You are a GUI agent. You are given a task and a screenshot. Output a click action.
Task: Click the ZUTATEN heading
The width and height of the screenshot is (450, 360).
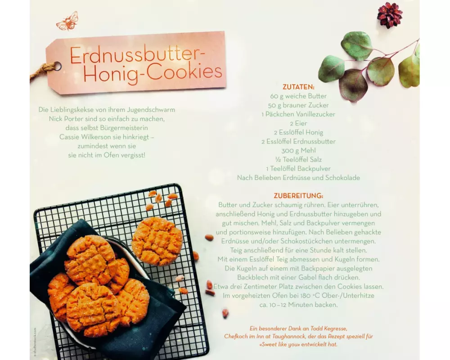298,87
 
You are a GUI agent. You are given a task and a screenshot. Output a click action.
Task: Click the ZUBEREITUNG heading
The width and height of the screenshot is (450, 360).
298,196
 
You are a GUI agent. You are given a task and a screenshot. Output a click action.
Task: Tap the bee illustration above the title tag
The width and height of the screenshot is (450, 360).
67,21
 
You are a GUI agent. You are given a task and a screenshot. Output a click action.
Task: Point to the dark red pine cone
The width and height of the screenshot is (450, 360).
389,15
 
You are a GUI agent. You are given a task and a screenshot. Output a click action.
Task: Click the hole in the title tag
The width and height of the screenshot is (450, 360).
58,66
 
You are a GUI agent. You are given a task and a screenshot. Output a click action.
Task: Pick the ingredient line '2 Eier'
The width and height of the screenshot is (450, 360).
298,123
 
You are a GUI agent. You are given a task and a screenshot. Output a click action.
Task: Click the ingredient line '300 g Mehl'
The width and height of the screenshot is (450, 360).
298,150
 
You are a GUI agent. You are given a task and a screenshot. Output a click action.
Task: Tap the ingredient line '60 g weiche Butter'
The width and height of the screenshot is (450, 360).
298,96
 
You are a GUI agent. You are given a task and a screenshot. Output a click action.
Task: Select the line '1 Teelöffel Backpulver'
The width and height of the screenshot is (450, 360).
298,168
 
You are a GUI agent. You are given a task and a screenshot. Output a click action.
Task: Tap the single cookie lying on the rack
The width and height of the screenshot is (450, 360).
157,241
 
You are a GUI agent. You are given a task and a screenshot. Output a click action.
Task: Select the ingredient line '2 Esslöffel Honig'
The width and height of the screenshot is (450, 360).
298,132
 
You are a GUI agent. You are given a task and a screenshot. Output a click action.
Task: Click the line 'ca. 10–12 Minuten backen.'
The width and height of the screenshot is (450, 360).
298,305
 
